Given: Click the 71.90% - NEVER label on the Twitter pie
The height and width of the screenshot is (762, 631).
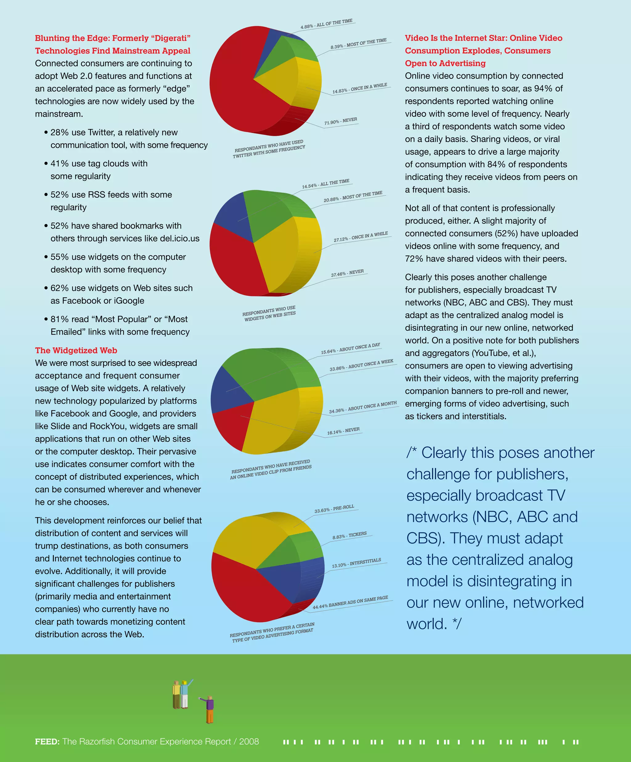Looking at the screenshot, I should tap(340, 121).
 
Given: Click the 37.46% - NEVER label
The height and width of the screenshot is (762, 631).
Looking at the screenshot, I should tap(347, 273).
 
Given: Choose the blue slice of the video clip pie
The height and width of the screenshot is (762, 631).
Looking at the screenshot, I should tap(226, 390).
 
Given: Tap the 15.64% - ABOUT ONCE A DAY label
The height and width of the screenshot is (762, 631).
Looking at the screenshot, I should tap(350, 348).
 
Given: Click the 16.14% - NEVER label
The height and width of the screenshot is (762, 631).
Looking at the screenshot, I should tap(343, 431).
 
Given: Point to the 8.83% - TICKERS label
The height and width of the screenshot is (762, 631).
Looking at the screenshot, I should tap(349, 535).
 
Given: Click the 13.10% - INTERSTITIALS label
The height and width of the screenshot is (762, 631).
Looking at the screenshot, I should tap(356, 563).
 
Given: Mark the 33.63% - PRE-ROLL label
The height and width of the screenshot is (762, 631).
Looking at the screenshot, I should tap(334, 508).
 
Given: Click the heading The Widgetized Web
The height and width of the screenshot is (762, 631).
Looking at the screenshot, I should tap(76, 350).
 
